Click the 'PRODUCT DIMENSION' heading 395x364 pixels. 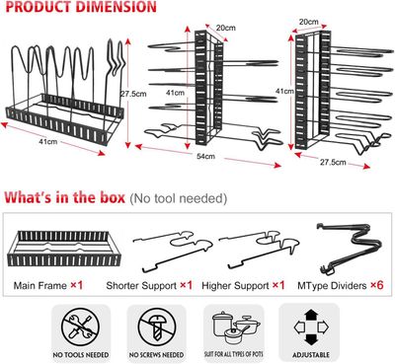[81, 7]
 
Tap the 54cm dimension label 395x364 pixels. [205, 156]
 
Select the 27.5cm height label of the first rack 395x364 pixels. [133, 94]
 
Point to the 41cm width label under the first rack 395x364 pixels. [48, 142]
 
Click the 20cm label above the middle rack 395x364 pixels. [226, 28]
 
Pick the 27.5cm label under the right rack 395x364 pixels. [333, 162]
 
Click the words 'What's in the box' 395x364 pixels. [65, 197]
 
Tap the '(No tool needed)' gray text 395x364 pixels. [179, 198]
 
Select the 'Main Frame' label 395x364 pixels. [40, 285]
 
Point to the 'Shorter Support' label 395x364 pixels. [141, 285]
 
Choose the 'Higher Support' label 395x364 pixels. [235, 285]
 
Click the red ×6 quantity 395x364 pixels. [377, 285]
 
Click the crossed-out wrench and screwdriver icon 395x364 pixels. [80, 327]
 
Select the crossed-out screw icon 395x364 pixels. [157, 327]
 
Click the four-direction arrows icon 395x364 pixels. [311, 327]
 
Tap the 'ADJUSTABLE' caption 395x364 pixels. [311, 355]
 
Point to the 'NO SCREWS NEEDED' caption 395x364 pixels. [156, 355]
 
